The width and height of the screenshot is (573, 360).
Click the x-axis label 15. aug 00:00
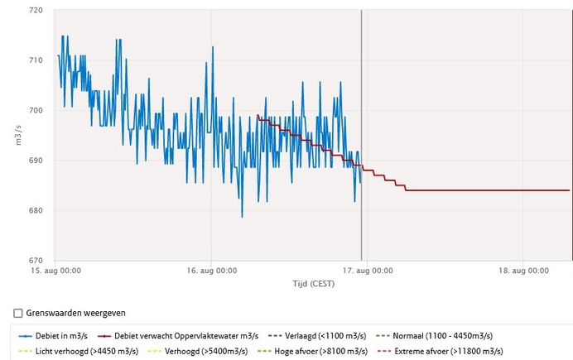pos(56,270)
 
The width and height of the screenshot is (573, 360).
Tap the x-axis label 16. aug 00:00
pos(213,270)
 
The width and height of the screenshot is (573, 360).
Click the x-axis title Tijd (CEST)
pos(312,284)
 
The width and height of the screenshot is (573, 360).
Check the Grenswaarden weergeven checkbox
pos(19,313)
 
